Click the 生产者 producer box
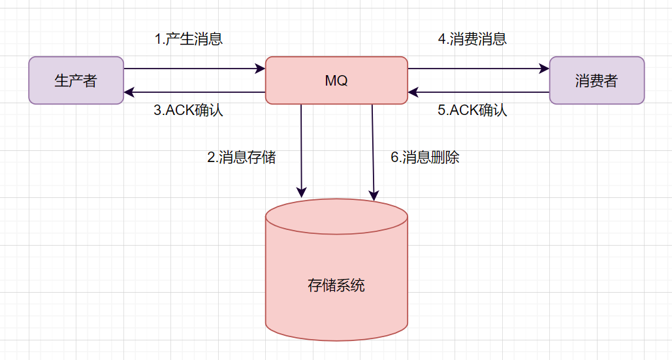point(76,80)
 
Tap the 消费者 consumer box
point(596,80)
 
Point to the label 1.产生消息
point(189,39)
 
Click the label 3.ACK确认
point(188,110)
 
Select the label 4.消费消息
point(472,39)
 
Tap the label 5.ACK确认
point(472,110)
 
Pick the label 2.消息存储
point(242,157)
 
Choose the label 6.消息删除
point(425,157)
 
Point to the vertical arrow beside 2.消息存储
point(301,150)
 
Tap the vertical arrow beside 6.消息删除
point(373,150)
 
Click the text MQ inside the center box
point(336,81)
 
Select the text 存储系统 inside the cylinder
point(336,286)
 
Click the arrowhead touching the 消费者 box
point(544,68)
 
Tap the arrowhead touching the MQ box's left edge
point(260,68)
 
